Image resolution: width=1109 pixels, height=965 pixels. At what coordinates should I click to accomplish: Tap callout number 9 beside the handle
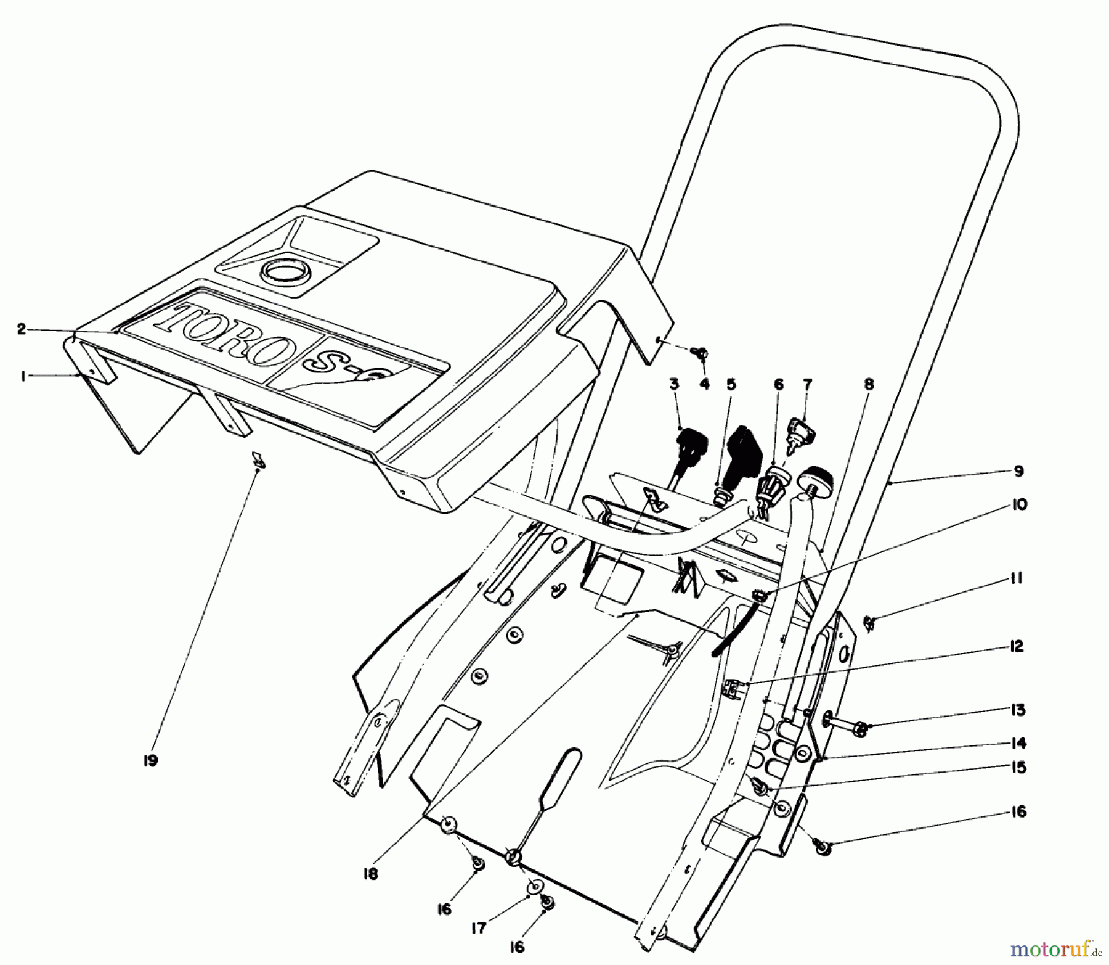pyautogui.click(x=1018, y=471)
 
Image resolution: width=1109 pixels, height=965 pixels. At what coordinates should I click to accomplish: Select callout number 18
pyautogui.click(x=371, y=873)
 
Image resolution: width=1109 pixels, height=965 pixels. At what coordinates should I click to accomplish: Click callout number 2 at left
pyautogui.click(x=22, y=329)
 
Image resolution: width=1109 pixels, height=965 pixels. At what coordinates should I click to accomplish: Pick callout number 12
pyautogui.click(x=1017, y=646)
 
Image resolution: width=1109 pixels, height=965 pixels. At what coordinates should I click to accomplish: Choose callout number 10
pyautogui.click(x=1019, y=504)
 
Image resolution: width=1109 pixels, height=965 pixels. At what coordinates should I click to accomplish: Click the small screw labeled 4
pyautogui.click(x=701, y=353)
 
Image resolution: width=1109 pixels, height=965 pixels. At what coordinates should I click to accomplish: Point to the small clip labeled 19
pyautogui.click(x=258, y=460)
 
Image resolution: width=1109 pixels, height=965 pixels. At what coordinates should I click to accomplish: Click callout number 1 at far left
pyautogui.click(x=23, y=376)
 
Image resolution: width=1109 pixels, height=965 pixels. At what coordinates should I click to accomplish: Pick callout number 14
pyautogui.click(x=1018, y=742)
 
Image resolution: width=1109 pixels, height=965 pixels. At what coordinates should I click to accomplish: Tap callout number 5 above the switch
pyautogui.click(x=731, y=385)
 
